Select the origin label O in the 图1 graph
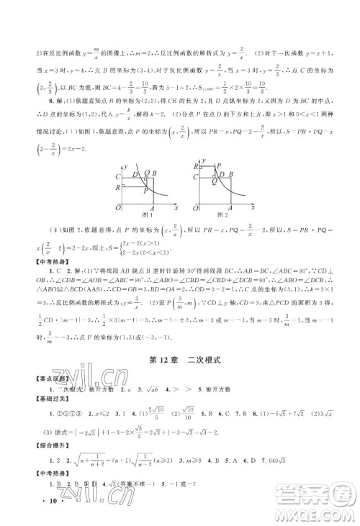point(118,207)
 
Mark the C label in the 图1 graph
point(117,176)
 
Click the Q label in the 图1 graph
point(147,173)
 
